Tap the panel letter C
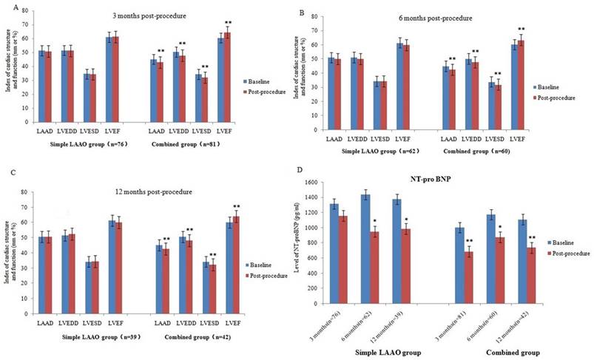(x=5, y=184)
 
